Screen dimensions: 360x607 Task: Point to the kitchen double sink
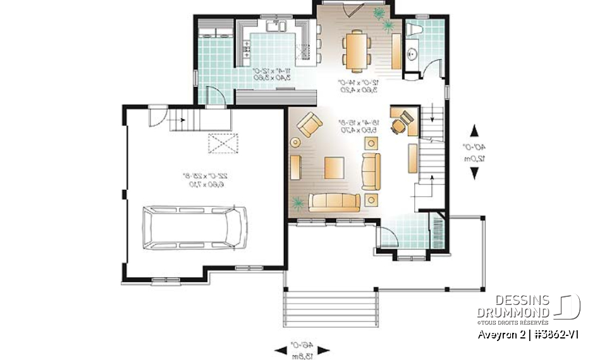point(277,27)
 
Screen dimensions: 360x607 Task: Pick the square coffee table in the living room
point(335,168)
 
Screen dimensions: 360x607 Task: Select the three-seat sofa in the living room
point(334,202)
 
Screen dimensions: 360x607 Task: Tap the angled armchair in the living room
point(309,124)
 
